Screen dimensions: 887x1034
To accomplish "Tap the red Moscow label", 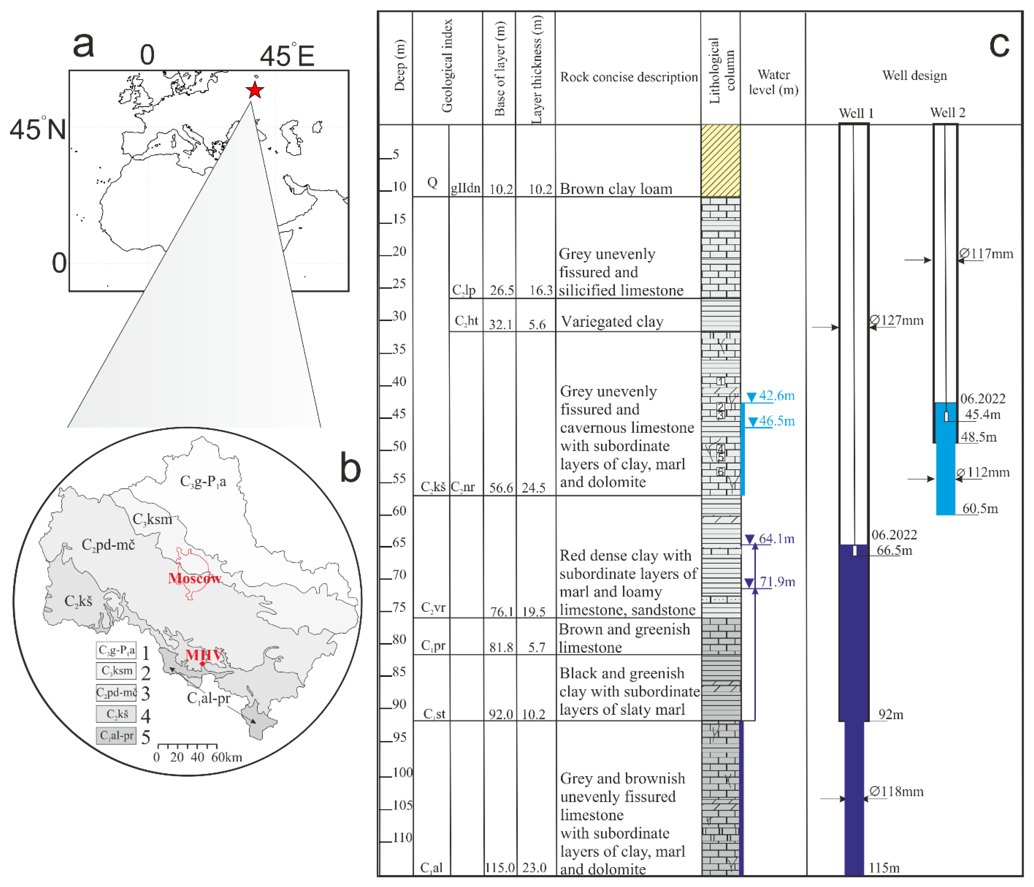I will coord(195,578).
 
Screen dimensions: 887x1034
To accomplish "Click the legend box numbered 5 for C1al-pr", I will coord(116,735).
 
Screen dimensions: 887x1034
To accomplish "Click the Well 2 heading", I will coord(948,113).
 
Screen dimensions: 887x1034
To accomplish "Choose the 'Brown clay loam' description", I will coord(616,189).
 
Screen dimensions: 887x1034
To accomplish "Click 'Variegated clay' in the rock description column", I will coord(612,322).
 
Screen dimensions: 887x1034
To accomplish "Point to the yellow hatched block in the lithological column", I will coord(721,161).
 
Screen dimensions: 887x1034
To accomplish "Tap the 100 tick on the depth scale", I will coord(402,773).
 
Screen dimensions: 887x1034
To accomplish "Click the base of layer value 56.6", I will coord(500,487).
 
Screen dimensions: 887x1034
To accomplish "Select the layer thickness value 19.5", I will coord(534,611).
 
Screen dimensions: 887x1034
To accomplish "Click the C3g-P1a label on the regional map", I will coord(203,482).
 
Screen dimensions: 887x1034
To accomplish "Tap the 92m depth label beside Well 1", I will coord(891,714).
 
